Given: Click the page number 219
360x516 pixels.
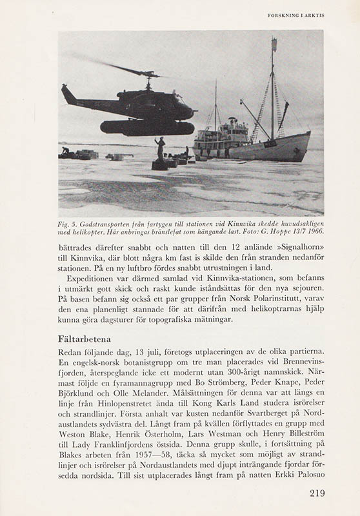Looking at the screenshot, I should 317,493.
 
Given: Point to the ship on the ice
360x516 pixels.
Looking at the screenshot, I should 252,139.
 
